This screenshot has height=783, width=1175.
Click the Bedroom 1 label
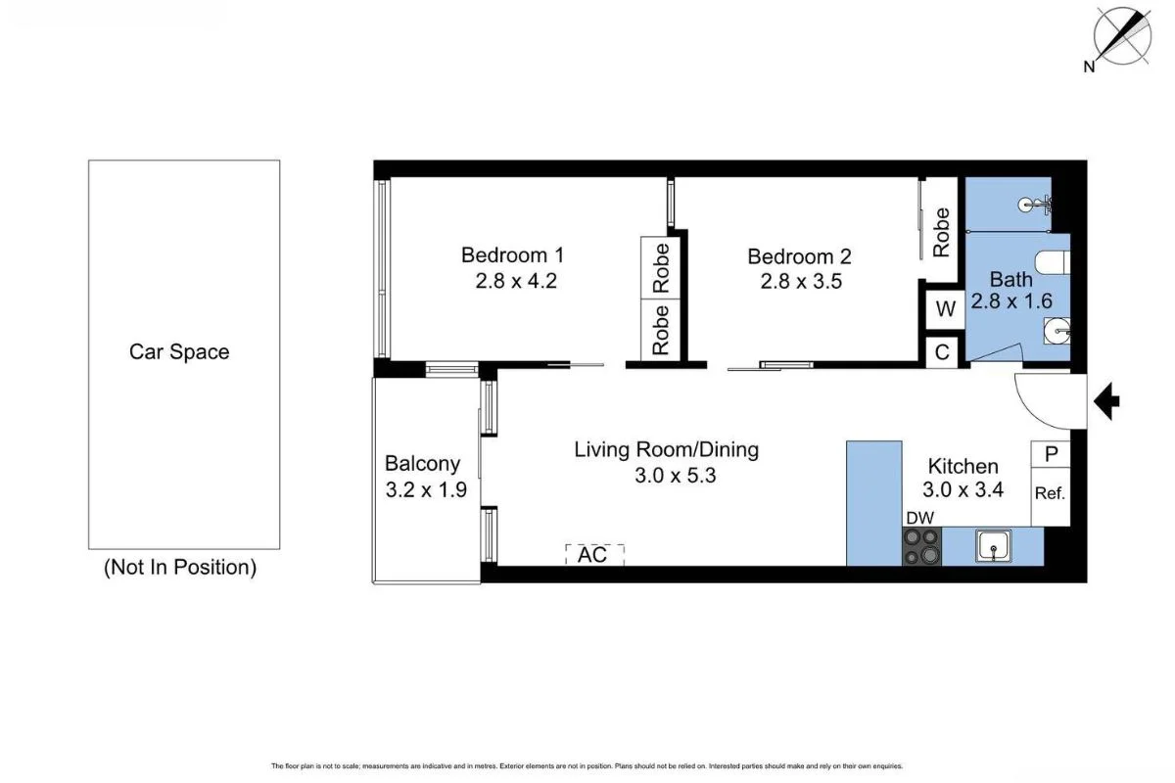click(x=512, y=255)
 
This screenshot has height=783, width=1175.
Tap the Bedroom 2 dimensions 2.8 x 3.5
click(x=801, y=282)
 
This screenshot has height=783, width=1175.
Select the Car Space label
click(x=179, y=351)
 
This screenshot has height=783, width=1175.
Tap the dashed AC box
click(x=594, y=554)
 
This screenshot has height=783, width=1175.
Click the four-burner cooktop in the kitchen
click(x=921, y=546)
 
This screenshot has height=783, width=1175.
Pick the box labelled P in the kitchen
click(x=1051, y=454)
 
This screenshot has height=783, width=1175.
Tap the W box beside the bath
click(x=945, y=310)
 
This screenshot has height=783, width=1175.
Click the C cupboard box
click(x=943, y=352)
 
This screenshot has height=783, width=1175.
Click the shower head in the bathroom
click(x=1028, y=206)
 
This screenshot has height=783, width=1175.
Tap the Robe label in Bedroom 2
click(x=941, y=232)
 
